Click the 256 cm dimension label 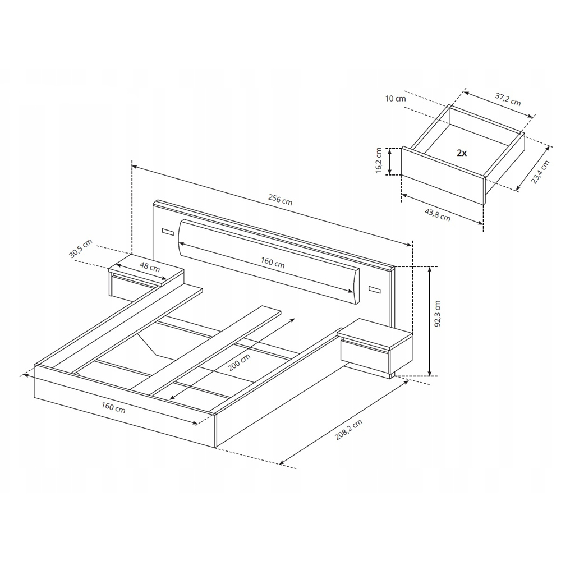[x=280, y=200]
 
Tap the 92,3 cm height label [x=438, y=314]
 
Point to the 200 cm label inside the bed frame [x=239, y=362]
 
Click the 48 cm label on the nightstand [x=150, y=266]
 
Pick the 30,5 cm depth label [x=80, y=249]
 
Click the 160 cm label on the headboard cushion [x=273, y=263]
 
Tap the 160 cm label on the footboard [x=113, y=407]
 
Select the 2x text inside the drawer [x=462, y=153]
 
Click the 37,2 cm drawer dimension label [x=508, y=99]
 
